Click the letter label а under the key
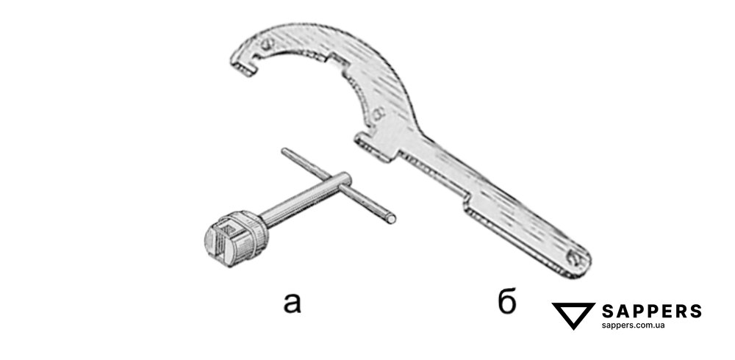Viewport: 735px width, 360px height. tap(294, 300)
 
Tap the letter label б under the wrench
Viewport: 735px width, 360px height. tap(507, 301)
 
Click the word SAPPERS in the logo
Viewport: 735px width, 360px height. tap(651, 311)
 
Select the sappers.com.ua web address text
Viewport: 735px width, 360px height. tap(633, 325)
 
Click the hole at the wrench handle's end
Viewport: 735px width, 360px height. tap(578, 259)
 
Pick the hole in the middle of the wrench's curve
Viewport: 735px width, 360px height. tap(378, 114)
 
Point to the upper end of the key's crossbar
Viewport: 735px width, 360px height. tap(286, 152)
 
